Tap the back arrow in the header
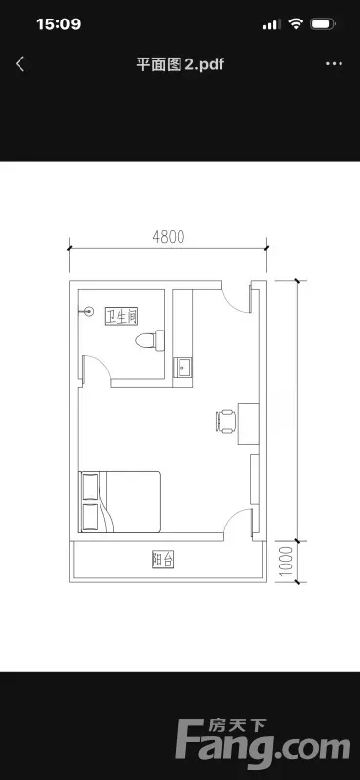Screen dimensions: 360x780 tap(20, 64)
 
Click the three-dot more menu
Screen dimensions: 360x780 tap(334, 64)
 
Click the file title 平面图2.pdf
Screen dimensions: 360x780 tap(180, 64)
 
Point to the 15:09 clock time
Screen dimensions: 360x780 tap(59, 23)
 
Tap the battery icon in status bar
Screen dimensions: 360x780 tap(323, 23)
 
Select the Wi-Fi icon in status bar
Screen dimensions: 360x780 tap(297, 23)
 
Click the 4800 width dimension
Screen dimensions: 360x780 tap(169, 237)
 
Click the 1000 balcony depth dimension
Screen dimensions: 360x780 tap(284, 562)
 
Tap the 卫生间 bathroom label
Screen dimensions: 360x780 tap(121, 316)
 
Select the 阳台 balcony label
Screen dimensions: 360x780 tap(162, 560)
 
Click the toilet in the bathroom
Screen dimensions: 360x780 tap(149, 340)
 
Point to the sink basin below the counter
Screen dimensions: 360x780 tap(182, 368)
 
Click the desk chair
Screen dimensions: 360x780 tap(226, 422)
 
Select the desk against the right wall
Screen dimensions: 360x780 tap(248, 424)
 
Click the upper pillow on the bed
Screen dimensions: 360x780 tap(90, 486)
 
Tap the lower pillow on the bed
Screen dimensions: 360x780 tap(90, 517)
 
